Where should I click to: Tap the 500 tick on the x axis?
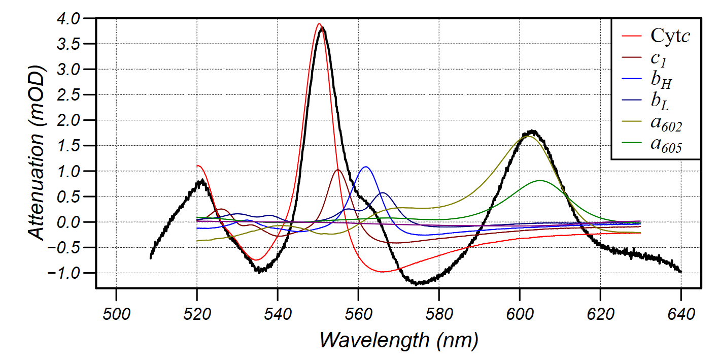116,314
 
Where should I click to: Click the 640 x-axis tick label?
680,314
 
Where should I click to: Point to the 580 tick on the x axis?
438,314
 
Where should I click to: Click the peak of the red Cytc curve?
319,24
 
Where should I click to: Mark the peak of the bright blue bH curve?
365,167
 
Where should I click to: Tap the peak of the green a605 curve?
540,180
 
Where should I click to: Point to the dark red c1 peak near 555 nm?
338,170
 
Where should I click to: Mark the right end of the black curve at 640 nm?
680,272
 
